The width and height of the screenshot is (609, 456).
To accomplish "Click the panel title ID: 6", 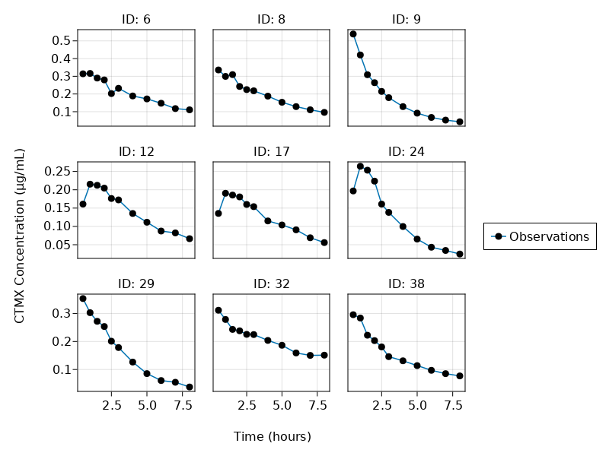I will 136,19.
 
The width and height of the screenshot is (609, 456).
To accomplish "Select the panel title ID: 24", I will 407,151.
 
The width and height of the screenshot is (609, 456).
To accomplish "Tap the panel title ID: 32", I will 272,283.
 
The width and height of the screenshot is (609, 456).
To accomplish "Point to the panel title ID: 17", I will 272,151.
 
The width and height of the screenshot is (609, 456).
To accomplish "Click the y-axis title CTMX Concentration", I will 20,236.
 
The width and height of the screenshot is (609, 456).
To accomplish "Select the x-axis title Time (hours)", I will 272,436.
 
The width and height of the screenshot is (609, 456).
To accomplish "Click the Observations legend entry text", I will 549,236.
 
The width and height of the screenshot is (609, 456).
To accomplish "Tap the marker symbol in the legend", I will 498,236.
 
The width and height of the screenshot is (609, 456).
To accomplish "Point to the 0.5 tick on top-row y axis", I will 62,40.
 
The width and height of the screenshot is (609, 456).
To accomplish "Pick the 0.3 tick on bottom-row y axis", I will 62,313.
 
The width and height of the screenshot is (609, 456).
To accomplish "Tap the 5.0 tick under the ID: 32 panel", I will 282,406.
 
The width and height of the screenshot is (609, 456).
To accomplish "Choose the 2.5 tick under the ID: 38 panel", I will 381,406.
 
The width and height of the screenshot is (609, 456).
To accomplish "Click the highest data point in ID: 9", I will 353,34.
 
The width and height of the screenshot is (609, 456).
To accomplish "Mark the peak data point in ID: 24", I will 360,166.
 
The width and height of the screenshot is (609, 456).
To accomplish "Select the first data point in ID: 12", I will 83,204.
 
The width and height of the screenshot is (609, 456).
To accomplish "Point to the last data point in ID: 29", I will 190,387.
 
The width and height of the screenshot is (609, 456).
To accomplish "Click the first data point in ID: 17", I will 218,214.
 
